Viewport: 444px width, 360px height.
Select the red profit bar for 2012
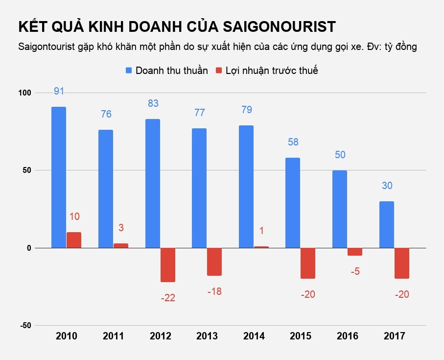click(x=168, y=265)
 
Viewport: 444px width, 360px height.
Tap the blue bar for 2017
click(x=387, y=224)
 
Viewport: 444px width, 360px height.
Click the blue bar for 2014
click(x=246, y=187)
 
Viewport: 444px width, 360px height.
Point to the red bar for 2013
click(x=214, y=262)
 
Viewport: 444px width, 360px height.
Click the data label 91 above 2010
click(x=59, y=91)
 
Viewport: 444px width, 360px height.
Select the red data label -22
click(x=168, y=297)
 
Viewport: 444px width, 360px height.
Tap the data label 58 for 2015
click(x=293, y=142)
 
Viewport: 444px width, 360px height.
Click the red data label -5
click(x=355, y=271)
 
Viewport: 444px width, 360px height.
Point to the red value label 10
click(x=74, y=216)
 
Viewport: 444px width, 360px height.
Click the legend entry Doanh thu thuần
click(x=171, y=71)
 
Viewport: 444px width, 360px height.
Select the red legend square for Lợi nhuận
click(x=219, y=71)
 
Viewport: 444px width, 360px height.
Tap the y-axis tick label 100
click(x=24, y=93)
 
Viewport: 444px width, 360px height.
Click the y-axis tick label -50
click(x=24, y=326)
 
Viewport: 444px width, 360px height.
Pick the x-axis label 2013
click(x=207, y=336)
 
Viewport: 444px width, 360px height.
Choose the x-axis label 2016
click(x=348, y=336)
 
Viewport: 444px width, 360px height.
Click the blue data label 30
click(x=387, y=186)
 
